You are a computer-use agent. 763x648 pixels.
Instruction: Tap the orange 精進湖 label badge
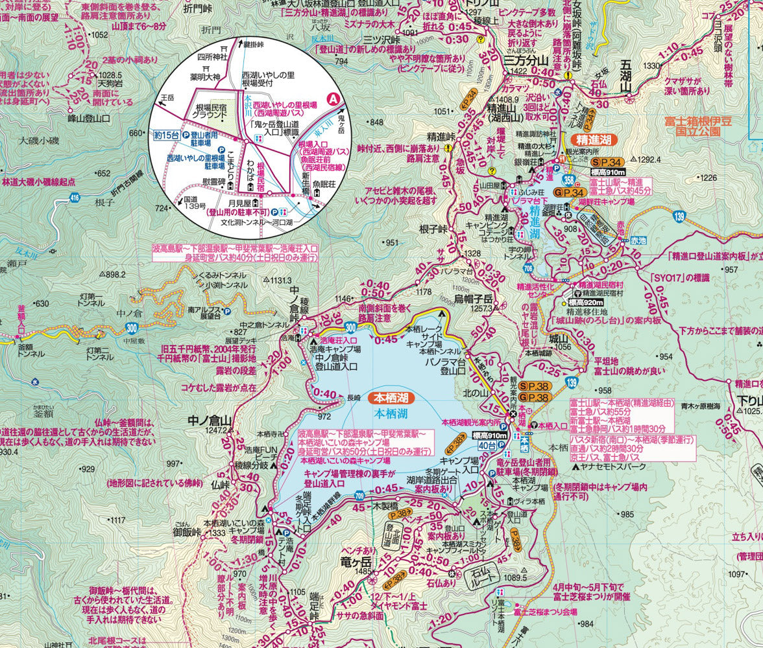(594, 140)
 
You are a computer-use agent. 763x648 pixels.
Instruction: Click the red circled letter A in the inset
(333, 99)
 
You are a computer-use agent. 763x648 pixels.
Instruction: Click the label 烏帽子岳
(474, 299)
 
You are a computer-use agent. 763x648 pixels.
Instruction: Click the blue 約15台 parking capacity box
(166, 135)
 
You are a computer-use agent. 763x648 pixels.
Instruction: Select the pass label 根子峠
(433, 229)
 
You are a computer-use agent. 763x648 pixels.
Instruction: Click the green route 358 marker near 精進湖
(568, 179)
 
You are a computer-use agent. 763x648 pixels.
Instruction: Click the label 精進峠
(441, 137)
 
